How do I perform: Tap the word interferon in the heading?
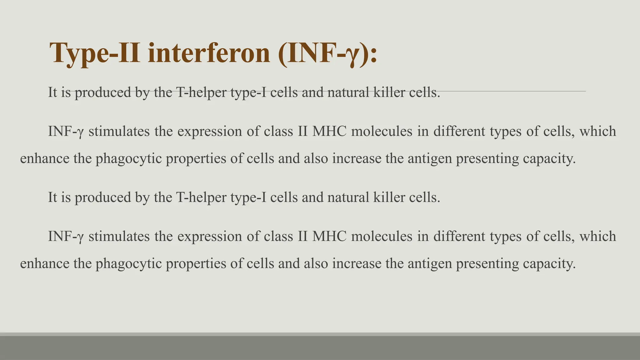(x=208, y=53)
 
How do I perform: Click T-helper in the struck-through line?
(x=201, y=92)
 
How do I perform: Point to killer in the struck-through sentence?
(x=389, y=92)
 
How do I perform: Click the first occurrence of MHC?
(x=329, y=131)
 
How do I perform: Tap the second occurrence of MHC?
(x=329, y=236)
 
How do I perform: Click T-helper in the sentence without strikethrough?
(x=201, y=197)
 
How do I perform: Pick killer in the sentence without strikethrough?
(x=389, y=197)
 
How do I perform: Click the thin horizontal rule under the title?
(x=516, y=91)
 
